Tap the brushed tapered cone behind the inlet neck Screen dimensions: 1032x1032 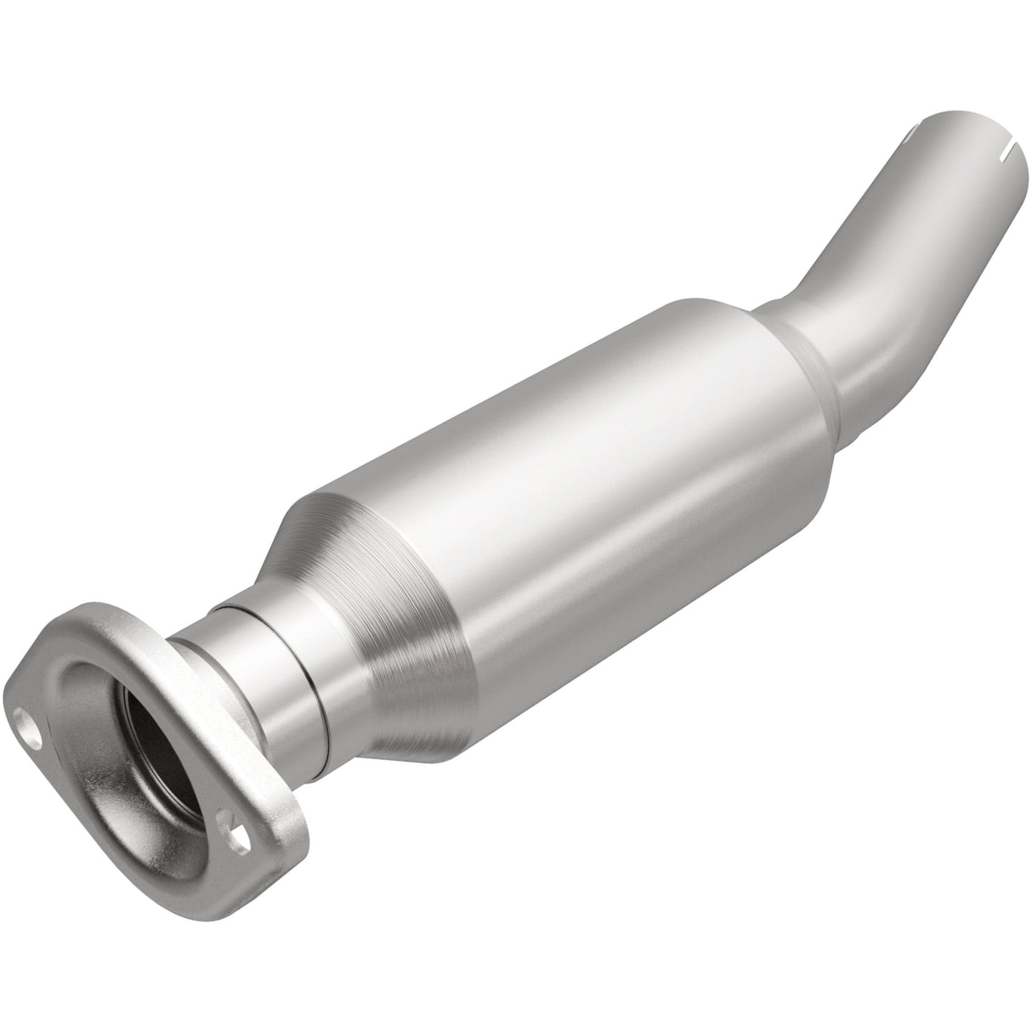click(374, 595)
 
